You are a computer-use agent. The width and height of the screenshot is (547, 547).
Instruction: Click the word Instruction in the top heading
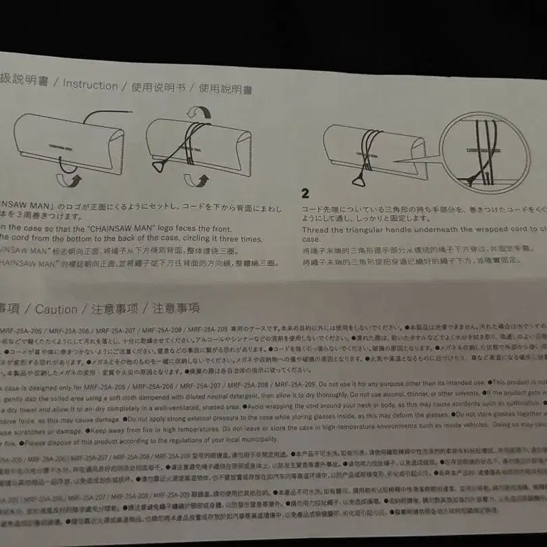90,85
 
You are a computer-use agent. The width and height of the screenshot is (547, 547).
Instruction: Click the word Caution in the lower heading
56,309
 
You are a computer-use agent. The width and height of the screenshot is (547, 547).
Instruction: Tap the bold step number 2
305,192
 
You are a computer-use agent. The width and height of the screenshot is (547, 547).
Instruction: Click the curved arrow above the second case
198,111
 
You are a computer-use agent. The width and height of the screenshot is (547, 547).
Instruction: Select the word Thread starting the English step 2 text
316,230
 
